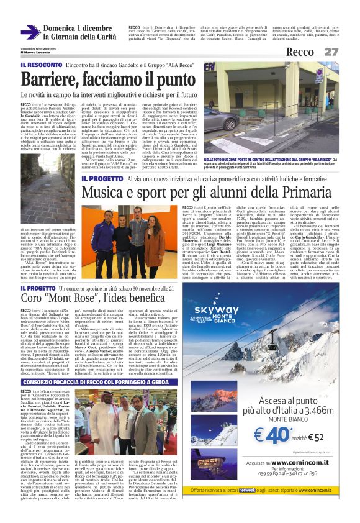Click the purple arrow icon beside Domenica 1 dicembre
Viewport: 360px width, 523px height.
[30, 32]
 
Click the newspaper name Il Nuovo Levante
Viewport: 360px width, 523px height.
[37, 52]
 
